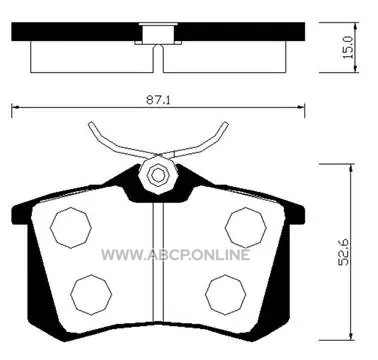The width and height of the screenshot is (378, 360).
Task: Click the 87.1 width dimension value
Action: click(158, 100)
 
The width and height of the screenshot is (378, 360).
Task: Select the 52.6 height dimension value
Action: click(344, 252)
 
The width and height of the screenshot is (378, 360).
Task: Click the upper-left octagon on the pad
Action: click(71, 228)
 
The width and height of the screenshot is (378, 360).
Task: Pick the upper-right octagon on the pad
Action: click(246, 228)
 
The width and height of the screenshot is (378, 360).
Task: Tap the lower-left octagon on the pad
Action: click(91, 295)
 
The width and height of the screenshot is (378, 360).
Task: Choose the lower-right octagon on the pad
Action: click(226, 295)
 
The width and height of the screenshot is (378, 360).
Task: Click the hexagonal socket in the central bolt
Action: click(158, 175)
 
